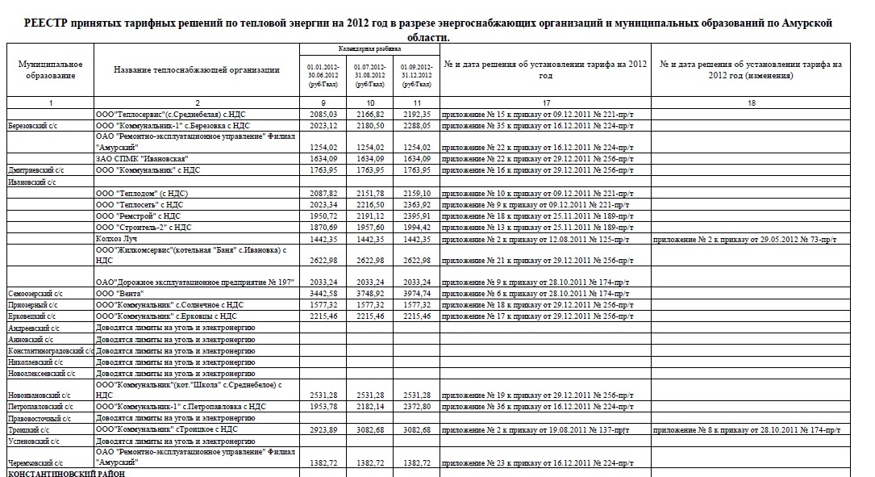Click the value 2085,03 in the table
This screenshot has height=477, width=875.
[x=323, y=115]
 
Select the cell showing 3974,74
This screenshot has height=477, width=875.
[x=417, y=295]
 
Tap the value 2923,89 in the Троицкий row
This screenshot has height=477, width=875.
[x=323, y=429]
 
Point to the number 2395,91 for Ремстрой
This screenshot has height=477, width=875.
[x=417, y=216]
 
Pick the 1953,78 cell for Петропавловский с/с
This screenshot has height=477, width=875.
[x=323, y=407]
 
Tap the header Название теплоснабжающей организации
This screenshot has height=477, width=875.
[x=197, y=70]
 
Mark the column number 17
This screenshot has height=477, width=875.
[x=546, y=103]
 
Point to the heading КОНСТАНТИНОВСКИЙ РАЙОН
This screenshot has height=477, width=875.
[x=59, y=473]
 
